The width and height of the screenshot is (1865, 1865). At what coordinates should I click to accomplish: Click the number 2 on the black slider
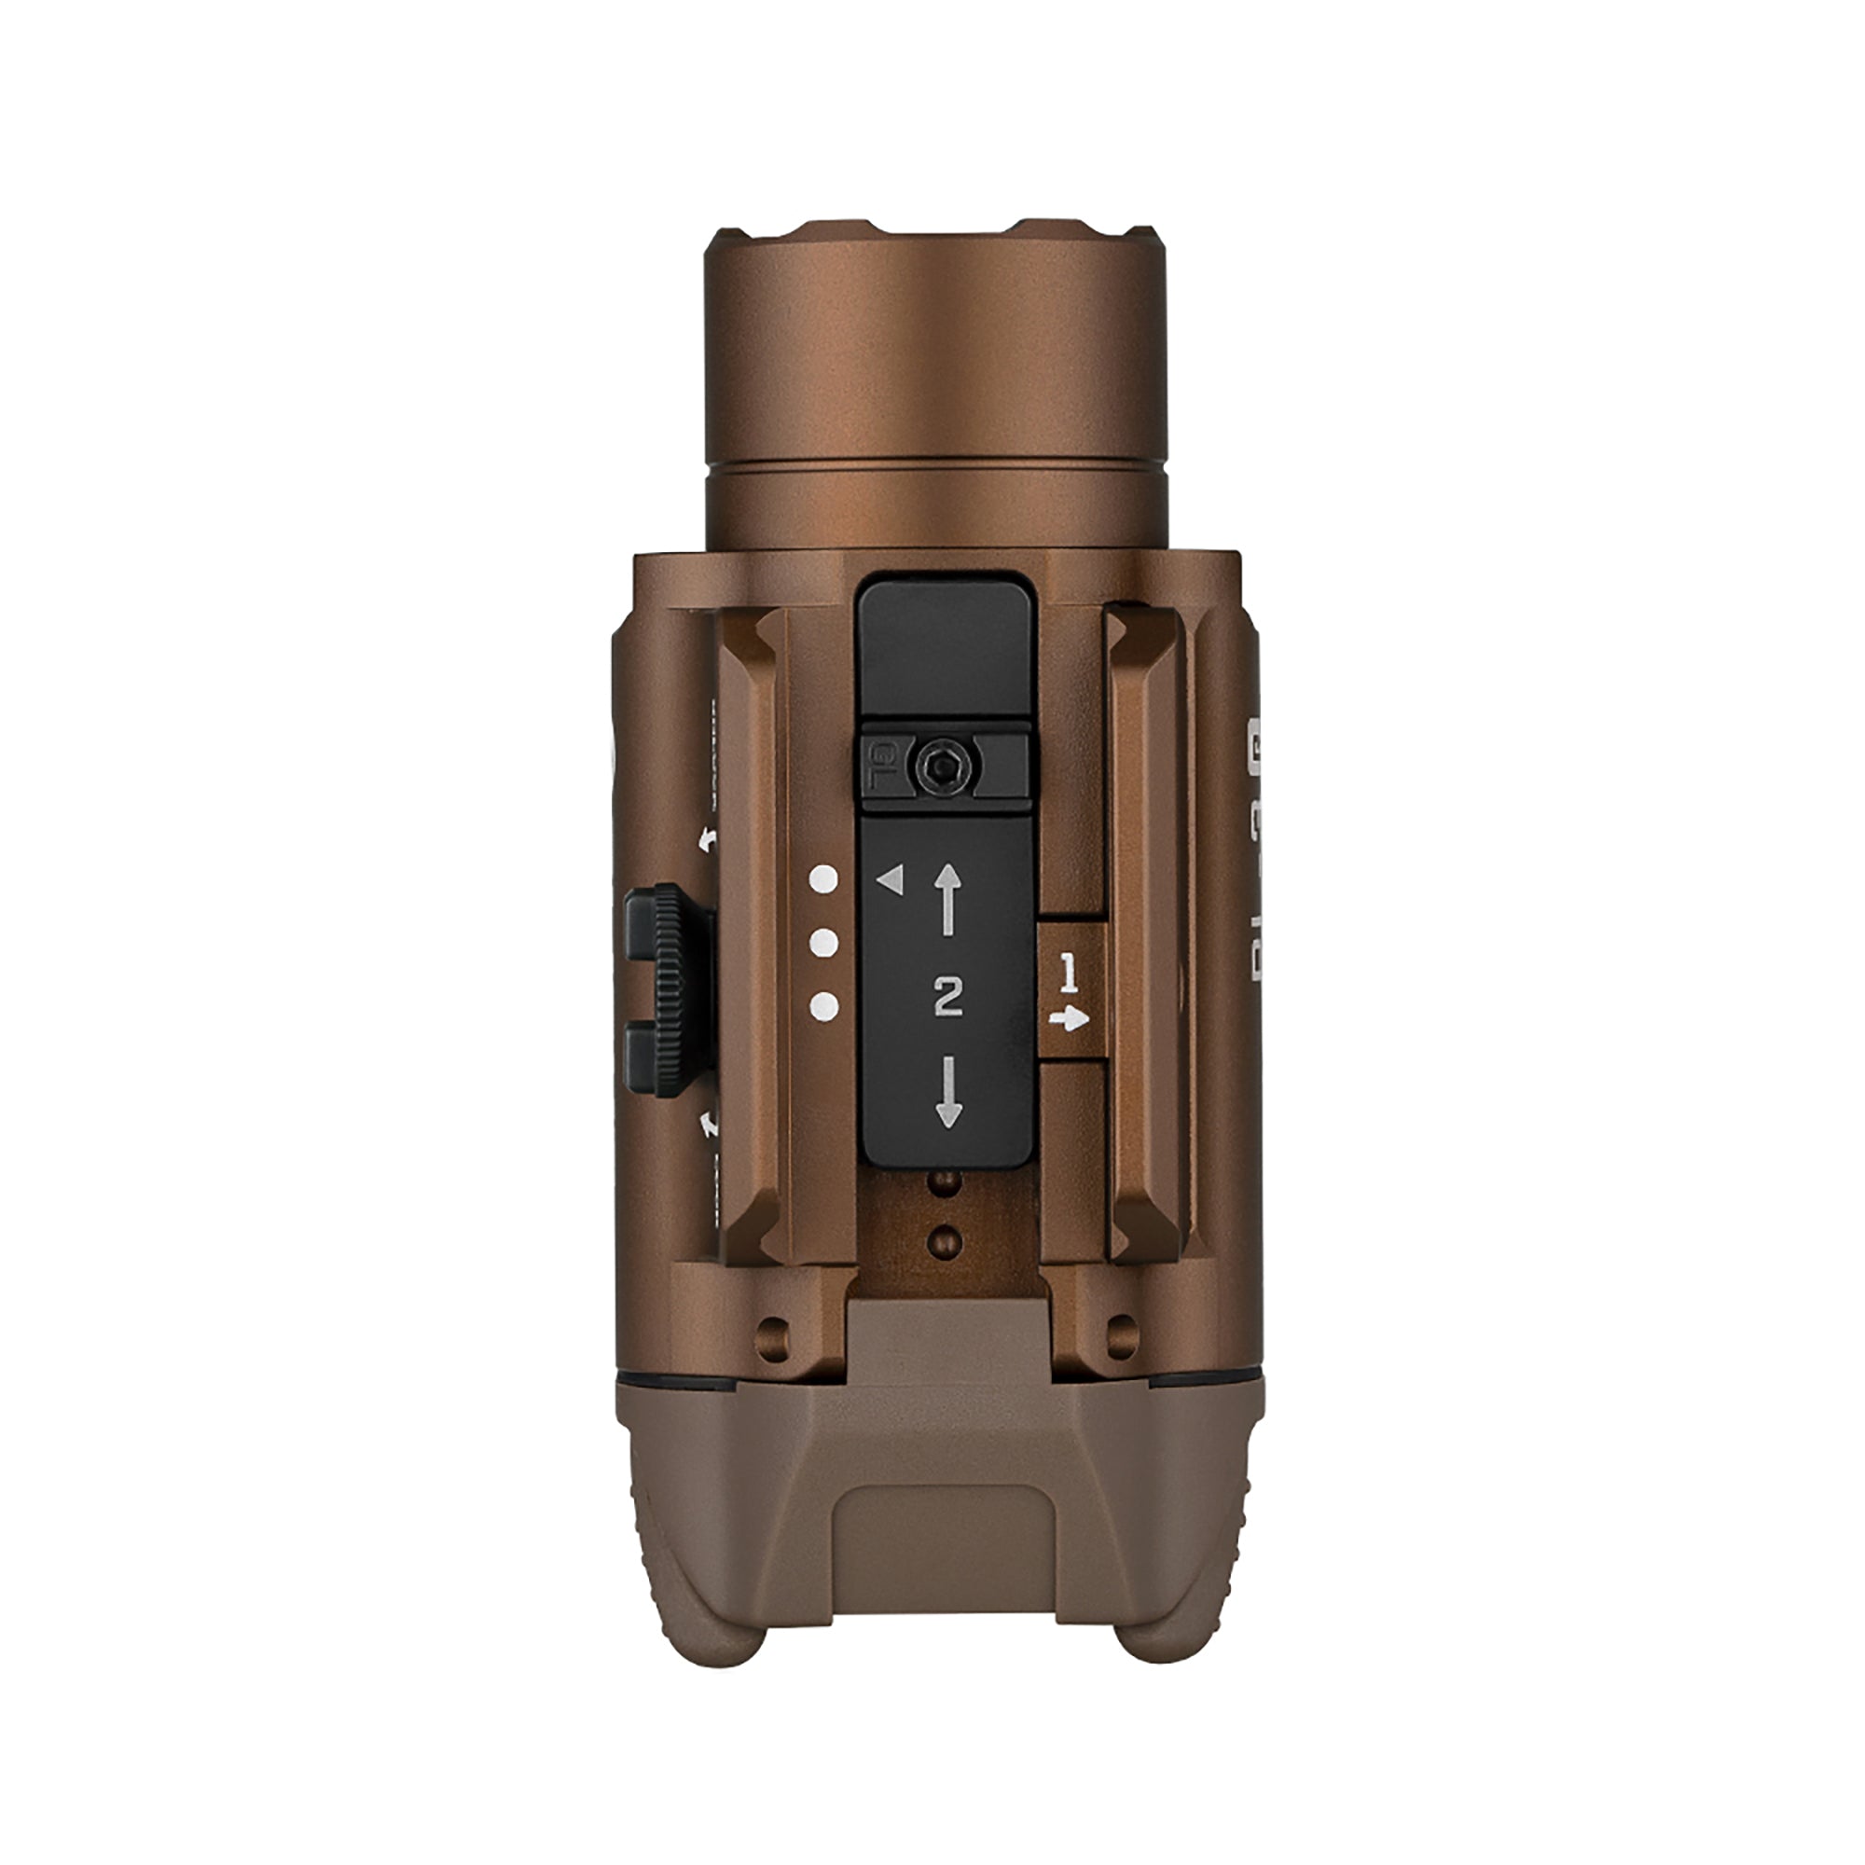tap(949, 996)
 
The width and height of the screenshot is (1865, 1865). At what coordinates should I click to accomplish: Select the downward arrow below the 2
tap(949, 1092)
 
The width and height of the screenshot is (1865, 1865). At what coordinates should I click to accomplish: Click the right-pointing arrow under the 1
tap(1069, 1018)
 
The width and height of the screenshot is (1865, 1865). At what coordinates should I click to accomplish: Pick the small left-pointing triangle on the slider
tap(890, 879)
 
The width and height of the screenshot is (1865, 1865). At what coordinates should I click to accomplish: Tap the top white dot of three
tap(823, 878)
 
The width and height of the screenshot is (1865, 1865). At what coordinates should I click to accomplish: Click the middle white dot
tap(823, 944)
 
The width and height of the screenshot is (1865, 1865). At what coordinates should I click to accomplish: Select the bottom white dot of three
tap(823, 1008)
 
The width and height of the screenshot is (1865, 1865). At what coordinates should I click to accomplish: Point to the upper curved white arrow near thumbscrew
tap(710, 838)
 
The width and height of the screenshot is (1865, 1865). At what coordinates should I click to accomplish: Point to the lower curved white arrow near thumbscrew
tap(710, 1123)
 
